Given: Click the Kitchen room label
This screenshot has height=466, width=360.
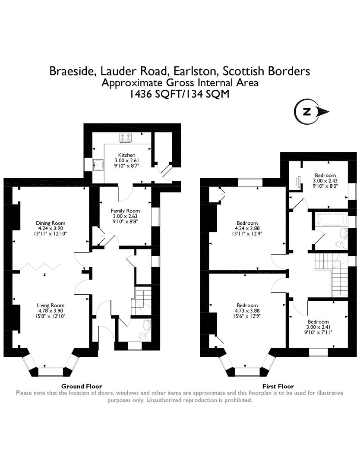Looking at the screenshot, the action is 126,155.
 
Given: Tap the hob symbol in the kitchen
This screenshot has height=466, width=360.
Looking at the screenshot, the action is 126,137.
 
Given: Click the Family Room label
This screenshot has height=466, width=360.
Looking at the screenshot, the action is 125,211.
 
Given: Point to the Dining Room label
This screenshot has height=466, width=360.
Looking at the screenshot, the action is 51,223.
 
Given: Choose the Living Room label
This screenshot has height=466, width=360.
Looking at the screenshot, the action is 51,305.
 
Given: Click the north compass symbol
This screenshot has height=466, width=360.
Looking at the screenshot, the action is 311,112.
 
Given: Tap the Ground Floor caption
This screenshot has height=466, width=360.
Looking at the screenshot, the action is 82,386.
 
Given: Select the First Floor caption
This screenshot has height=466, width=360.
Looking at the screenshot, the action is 278,386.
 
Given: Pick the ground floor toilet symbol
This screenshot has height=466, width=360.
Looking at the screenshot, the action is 143,336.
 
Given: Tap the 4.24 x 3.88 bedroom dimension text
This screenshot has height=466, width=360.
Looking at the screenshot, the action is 247,228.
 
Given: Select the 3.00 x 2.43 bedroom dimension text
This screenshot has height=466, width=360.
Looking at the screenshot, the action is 325,181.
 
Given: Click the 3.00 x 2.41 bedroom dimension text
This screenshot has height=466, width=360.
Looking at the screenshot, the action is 318,327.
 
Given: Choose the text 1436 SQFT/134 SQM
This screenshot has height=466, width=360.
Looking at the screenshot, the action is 180,94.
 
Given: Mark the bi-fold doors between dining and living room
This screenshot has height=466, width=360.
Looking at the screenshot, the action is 41,266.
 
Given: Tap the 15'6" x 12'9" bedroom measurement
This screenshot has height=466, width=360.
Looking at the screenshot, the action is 247,316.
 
